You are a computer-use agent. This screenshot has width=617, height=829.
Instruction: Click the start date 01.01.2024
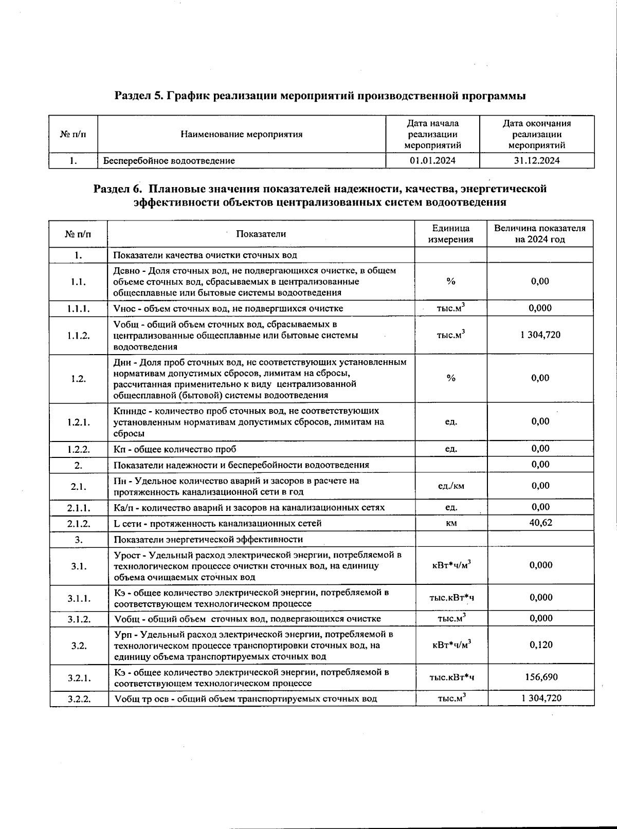coord(432,160)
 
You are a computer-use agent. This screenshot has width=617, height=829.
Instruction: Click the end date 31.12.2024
coord(536,160)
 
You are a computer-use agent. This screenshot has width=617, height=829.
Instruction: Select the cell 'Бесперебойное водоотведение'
coord(169,160)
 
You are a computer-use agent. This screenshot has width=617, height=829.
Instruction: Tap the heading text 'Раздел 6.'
coord(117,189)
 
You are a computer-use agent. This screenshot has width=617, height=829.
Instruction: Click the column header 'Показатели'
coord(261,234)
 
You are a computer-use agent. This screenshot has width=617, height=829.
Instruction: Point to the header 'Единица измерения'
coord(450,234)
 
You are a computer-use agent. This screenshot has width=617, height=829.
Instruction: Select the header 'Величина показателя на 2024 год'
coord(540,234)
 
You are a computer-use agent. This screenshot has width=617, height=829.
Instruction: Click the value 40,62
coord(541,523)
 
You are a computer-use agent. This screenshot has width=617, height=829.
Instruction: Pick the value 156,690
coord(541,677)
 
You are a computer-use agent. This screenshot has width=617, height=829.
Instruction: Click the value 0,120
coord(541,644)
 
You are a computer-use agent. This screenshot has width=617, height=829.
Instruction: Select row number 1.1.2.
coord(78,335)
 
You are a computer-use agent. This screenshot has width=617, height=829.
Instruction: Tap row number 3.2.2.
coord(78,698)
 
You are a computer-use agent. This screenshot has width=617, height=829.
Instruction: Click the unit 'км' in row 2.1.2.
coord(451,523)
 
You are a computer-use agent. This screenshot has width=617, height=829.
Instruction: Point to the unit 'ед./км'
coord(451,486)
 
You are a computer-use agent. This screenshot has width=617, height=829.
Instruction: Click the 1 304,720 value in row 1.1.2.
coord(540,335)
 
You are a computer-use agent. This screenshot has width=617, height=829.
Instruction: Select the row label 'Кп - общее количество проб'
coord(175,449)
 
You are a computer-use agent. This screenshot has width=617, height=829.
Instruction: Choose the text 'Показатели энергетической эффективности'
coord(208,539)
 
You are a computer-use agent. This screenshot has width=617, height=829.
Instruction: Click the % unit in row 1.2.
coord(451,378)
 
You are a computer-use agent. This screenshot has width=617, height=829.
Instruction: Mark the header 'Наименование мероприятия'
coord(241,135)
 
